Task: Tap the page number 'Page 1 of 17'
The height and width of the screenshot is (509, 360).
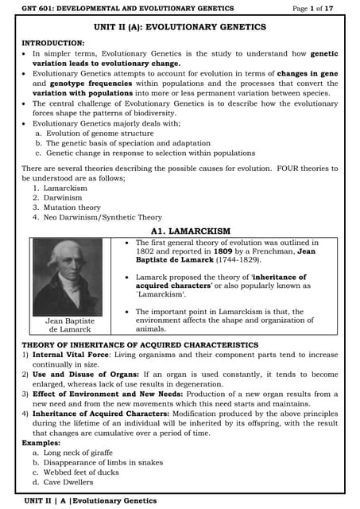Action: point(315,8)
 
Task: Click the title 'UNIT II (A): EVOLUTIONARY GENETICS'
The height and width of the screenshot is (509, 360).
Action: point(180,25)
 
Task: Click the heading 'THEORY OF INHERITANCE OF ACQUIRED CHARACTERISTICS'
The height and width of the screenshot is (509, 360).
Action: point(140,344)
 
